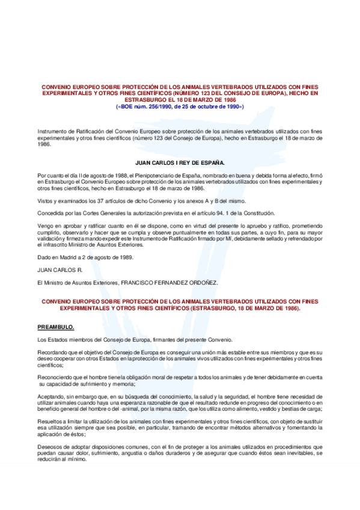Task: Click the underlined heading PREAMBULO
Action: pos(55,327)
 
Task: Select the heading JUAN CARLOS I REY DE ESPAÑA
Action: pos(180,162)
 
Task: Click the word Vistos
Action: pos(45,201)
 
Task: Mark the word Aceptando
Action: pos(50,397)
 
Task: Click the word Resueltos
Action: pos(50,422)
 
